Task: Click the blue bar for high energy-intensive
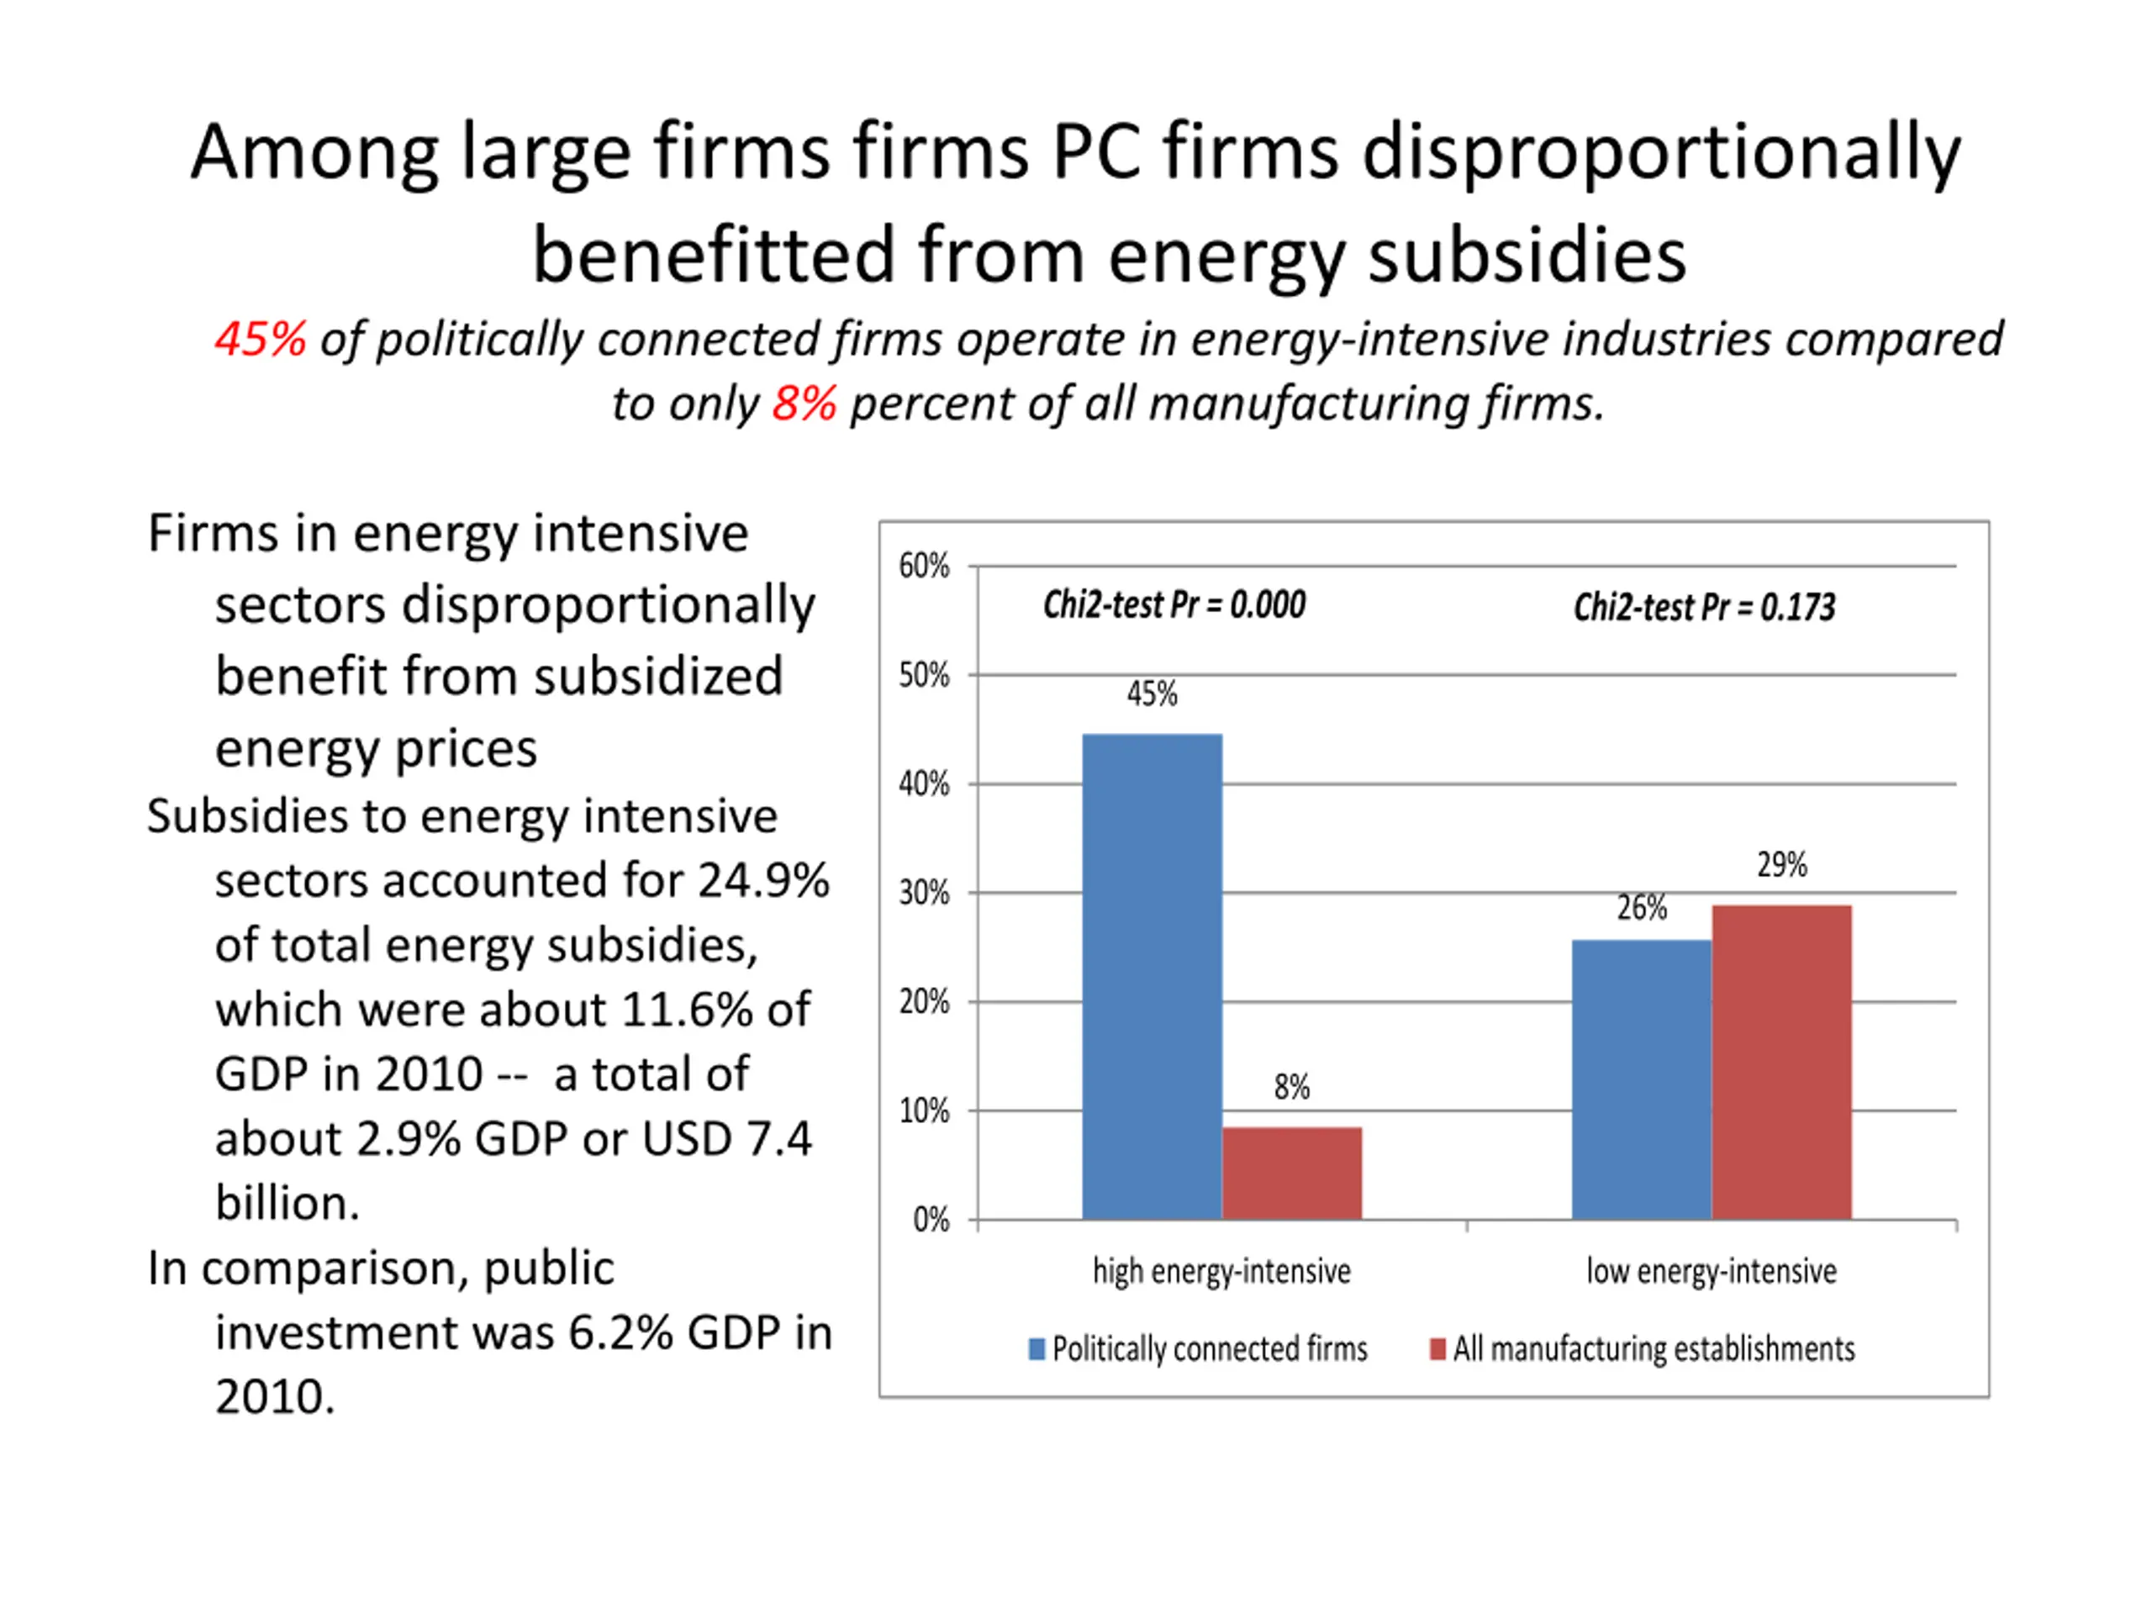[x=1152, y=976]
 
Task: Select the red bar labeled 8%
[x=1292, y=1173]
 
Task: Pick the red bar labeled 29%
[x=1781, y=1062]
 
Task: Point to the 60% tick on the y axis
[x=923, y=565]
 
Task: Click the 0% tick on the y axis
[x=931, y=1219]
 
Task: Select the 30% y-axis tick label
[x=923, y=892]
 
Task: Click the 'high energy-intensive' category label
[x=1222, y=1270]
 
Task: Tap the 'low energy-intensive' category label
[x=1712, y=1270]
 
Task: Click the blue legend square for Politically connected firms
[x=1037, y=1349]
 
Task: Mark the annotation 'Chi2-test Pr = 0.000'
[x=1174, y=605]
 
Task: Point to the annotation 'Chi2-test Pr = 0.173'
[x=1705, y=608]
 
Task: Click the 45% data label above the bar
[x=1152, y=694]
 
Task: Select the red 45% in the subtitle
[x=260, y=340]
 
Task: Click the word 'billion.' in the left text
[x=287, y=1204]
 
